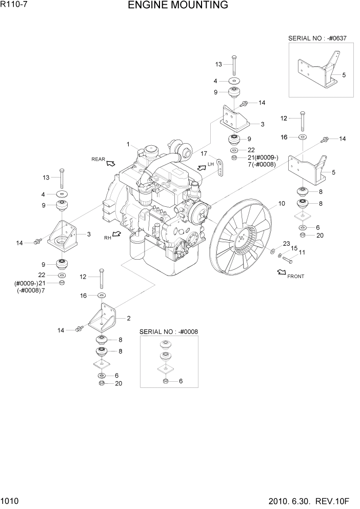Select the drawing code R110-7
(14, 6)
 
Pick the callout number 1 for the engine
(128, 144)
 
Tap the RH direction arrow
(116, 235)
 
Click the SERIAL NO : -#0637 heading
(318, 38)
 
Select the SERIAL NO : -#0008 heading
(169, 332)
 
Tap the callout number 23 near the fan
(286, 243)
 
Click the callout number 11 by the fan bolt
(302, 252)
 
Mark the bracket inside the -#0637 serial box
(315, 70)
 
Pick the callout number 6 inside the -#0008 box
(181, 381)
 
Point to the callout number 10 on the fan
(281, 204)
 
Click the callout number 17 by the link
(204, 153)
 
